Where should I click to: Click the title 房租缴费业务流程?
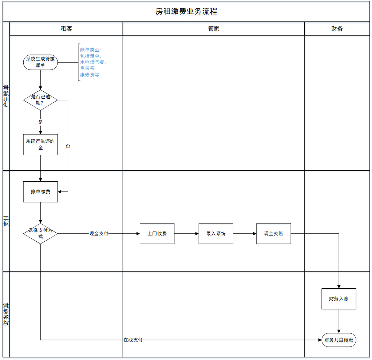(186, 11)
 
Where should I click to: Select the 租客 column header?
(66, 29)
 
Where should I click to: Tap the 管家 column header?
(214, 29)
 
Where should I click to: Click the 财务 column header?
(337, 29)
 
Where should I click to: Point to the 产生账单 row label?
(6, 97)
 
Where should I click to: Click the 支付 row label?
(6, 221)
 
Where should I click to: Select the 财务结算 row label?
(6, 314)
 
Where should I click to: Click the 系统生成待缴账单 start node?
(40, 62)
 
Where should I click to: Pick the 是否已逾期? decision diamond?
(40, 100)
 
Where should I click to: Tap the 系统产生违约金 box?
(40, 145)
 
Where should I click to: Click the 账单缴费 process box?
(40, 192)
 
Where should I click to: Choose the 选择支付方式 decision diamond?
(40, 233)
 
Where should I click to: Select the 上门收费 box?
(157, 233)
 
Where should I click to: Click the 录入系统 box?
(216, 233)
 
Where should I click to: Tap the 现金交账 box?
(273, 233)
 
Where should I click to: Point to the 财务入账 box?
(339, 299)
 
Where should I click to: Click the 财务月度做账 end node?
(339, 340)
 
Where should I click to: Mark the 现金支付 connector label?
(99, 233)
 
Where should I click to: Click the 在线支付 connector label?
(133, 340)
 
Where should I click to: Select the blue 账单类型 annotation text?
(93, 62)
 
